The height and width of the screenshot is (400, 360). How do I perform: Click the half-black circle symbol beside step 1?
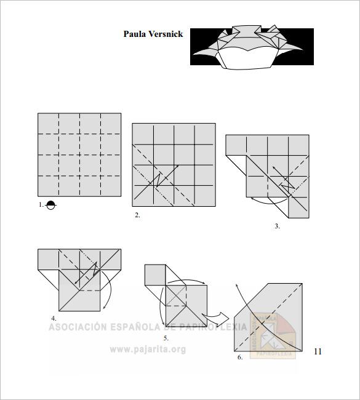click(x=51, y=206)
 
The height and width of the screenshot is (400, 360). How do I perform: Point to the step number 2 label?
click(x=138, y=215)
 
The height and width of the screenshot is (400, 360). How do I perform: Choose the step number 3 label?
click(x=277, y=226)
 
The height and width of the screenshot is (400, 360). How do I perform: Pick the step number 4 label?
click(x=54, y=318)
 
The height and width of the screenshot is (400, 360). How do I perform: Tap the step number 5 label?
click(x=166, y=338)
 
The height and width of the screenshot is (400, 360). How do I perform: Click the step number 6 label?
click(x=240, y=357)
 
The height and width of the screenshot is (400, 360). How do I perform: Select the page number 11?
click(x=318, y=352)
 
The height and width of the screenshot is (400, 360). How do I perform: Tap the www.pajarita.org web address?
click(x=148, y=350)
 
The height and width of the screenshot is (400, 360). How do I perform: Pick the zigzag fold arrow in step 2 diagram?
click(x=158, y=180)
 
